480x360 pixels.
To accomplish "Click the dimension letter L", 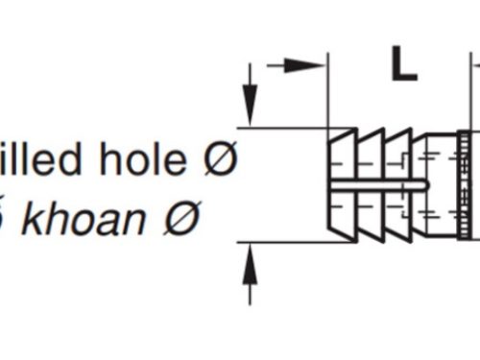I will tap(403, 65).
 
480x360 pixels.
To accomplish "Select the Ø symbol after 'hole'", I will tap(223, 159).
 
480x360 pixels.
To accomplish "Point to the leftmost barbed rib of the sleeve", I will tap(340, 184).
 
